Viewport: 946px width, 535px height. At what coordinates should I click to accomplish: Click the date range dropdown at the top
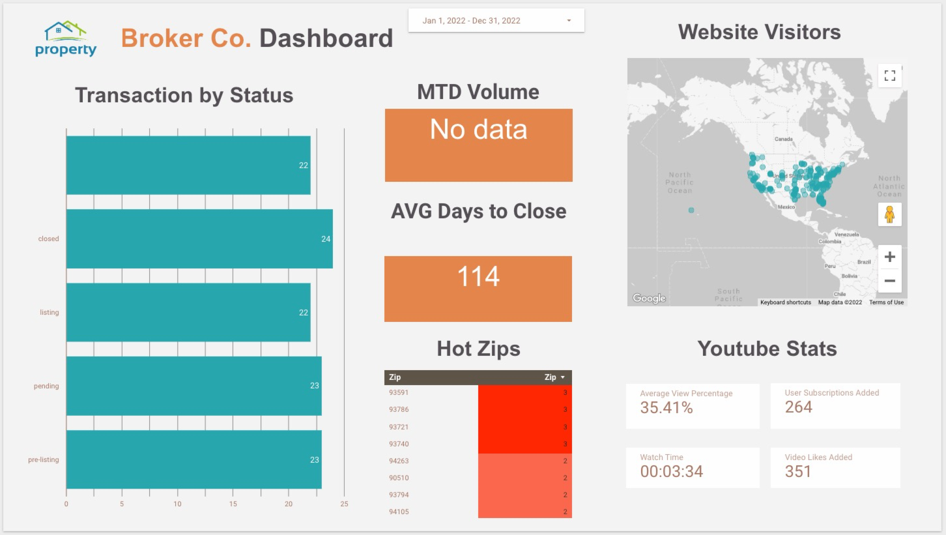(x=496, y=20)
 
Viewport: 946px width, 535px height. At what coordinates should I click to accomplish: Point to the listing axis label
(x=49, y=313)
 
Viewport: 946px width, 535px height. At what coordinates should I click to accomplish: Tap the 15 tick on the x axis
(x=233, y=504)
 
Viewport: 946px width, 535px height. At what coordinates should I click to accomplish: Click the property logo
(x=66, y=38)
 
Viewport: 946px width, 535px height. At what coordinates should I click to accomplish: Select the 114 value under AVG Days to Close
(x=478, y=277)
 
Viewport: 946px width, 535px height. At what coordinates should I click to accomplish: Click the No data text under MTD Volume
(x=478, y=130)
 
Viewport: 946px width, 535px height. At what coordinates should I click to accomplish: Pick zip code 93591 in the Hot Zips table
(x=399, y=392)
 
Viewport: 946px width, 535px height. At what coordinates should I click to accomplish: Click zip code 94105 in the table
(x=399, y=512)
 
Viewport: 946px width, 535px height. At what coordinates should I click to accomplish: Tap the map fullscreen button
(x=889, y=76)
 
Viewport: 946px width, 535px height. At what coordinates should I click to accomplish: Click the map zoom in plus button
(x=889, y=257)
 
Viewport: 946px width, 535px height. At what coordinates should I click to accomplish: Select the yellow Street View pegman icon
(x=889, y=214)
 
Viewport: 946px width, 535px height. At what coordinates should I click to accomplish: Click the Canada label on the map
(x=783, y=139)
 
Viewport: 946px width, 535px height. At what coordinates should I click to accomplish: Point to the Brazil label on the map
(x=864, y=262)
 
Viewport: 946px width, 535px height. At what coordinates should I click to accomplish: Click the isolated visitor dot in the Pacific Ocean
(x=691, y=210)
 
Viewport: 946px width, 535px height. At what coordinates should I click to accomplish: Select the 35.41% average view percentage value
(x=666, y=408)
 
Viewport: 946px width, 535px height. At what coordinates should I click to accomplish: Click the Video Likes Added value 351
(x=798, y=471)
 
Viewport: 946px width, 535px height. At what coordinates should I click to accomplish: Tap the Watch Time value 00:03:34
(x=671, y=471)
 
